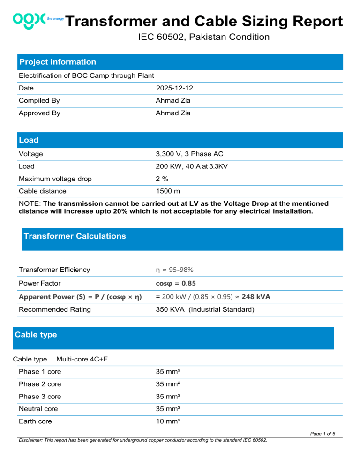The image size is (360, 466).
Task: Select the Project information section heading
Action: point(57,62)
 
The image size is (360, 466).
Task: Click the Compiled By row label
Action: point(39,100)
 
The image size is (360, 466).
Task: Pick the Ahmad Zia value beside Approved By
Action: point(173,113)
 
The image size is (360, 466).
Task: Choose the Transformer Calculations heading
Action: point(75,236)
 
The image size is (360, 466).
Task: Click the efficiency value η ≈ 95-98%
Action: point(174,270)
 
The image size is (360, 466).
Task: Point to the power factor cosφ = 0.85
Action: point(176,283)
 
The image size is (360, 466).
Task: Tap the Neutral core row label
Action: point(38,409)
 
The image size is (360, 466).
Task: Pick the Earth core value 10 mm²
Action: point(168,421)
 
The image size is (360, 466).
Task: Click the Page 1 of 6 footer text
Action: point(326,434)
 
